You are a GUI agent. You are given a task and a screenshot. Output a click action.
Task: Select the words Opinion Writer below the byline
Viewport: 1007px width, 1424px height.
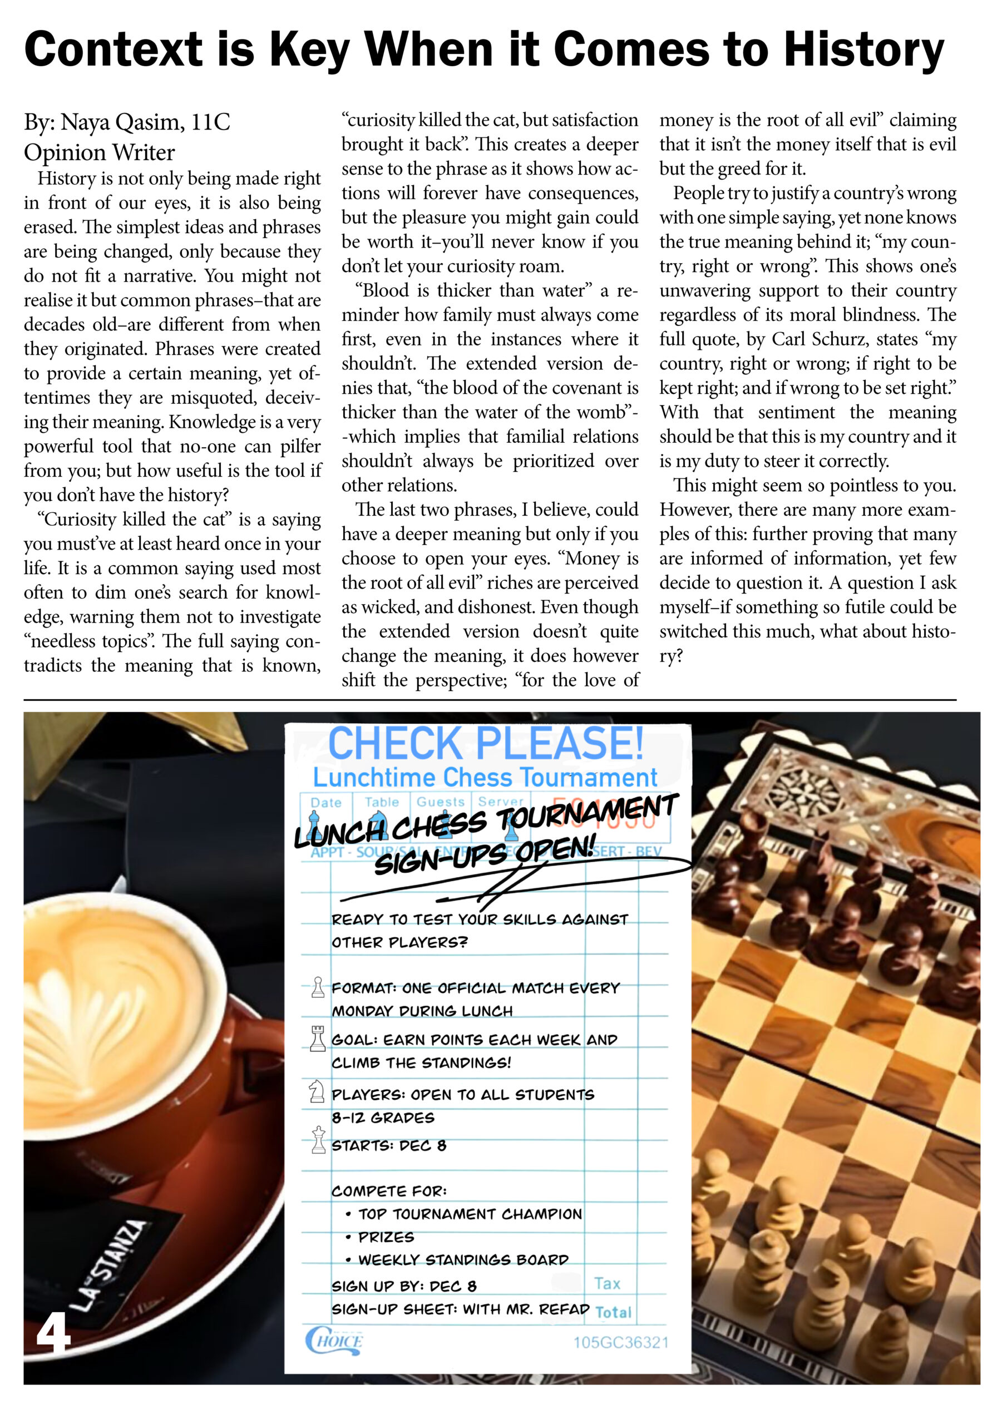click(x=99, y=152)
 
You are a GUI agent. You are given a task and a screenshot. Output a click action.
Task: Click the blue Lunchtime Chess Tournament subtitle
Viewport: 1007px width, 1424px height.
click(x=485, y=778)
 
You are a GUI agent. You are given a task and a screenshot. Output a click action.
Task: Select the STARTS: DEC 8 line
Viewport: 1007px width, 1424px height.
click(x=388, y=1145)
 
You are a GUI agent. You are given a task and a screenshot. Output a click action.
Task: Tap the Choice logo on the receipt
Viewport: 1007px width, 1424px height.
click(x=334, y=1342)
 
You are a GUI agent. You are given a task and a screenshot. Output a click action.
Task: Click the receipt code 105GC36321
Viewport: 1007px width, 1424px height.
click(x=620, y=1343)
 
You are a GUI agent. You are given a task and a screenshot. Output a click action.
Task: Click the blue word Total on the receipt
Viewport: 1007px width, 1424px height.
click(x=613, y=1312)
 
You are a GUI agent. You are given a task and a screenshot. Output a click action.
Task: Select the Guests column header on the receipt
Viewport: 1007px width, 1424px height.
click(x=440, y=802)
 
